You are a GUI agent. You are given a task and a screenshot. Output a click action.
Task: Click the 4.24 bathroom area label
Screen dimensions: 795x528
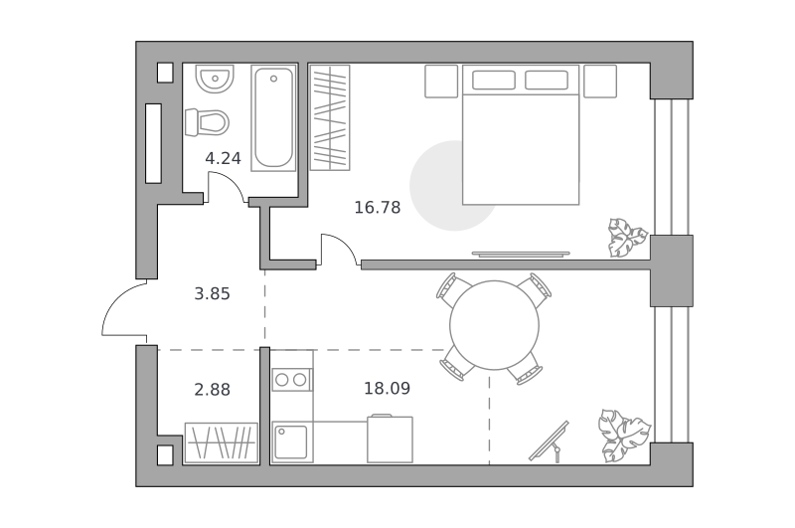(x=223, y=159)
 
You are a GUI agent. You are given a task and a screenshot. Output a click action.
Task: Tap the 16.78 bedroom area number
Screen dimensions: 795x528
(x=378, y=208)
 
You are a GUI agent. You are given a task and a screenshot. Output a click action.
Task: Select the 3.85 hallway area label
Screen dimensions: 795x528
(x=212, y=293)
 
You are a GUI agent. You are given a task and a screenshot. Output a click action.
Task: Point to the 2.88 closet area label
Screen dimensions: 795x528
(x=212, y=390)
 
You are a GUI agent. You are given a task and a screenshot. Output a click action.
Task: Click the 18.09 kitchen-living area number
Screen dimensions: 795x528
(x=387, y=389)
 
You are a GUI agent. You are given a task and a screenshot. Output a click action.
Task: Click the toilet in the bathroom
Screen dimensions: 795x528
(x=207, y=122)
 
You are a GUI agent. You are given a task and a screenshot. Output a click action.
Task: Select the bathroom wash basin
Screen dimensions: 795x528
(x=215, y=79)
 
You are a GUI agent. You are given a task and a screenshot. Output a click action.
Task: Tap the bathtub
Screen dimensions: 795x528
(x=274, y=117)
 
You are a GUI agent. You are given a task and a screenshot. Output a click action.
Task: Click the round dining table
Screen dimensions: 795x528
(x=494, y=325)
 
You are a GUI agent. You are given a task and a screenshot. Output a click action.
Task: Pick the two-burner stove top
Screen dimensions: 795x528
(x=292, y=380)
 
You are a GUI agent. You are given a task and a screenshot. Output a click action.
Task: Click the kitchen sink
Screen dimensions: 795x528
(x=291, y=442)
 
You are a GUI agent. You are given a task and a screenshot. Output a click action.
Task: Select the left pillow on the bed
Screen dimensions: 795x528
(x=493, y=81)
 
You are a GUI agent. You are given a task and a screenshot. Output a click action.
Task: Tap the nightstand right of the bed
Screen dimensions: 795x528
(x=600, y=82)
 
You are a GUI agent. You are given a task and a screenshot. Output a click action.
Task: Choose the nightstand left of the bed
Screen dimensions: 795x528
(x=441, y=82)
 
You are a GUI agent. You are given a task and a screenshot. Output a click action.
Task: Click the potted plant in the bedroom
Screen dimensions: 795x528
(x=627, y=238)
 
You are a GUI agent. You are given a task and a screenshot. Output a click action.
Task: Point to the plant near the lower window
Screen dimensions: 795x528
(x=625, y=436)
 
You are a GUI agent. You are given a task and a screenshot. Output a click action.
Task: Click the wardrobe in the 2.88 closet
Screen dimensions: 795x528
(x=221, y=442)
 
